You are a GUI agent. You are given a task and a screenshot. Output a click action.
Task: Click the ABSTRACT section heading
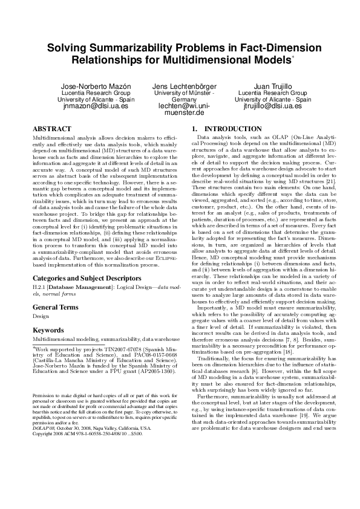[50, 129]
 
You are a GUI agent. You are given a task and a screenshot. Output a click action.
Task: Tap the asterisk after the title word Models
[293, 57]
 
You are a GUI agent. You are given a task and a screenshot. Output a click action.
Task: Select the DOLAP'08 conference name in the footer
[43, 427]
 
